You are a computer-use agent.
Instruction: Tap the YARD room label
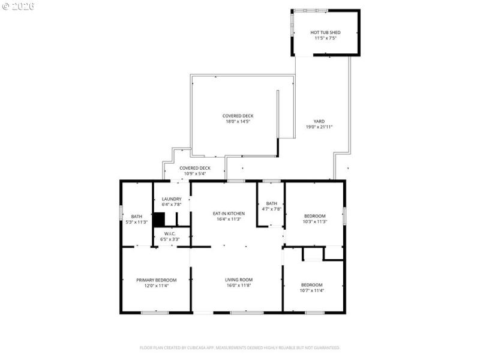click(x=319, y=121)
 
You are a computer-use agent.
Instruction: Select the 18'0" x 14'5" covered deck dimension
click(x=237, y=121)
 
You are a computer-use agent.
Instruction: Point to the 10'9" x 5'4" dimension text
click(x=195, y=174)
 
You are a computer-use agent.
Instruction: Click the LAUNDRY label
click(x=172, y=199)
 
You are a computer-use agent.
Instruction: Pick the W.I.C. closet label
click(x=172, y=233)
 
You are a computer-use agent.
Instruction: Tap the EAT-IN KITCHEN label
click(x=228, y=213)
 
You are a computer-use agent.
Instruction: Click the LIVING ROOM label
click(x=238, y=280)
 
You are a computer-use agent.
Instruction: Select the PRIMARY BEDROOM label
click(x=156, y=280)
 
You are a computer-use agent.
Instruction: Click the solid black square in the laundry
click(x=159, y=220)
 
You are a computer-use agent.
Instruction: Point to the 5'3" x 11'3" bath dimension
click(x=137, y=222)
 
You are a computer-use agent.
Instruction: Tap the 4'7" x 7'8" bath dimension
click(x=272, y=209)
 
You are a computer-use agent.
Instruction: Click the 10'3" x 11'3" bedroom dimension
click(x=314, y=221)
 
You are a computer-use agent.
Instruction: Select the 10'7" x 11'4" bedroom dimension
click(x=312, y=290)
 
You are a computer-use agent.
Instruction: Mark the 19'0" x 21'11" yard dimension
click(x=319, y=127)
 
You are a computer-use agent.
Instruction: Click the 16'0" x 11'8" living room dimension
click(x=238, y=286)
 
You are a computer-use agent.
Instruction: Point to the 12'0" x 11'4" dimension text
click(x=156, y=286)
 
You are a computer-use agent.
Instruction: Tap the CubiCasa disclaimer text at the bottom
click(x=240, y=347)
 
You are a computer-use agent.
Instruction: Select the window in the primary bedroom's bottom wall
click(x=154, y=312)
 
